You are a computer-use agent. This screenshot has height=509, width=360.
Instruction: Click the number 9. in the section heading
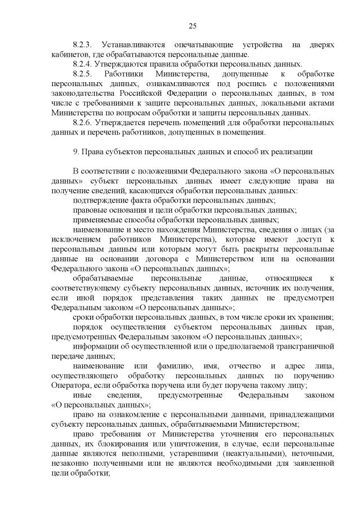(76, 151)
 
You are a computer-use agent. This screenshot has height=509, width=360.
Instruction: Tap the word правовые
(89, 210)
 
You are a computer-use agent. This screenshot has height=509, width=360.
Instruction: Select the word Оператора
(69, 385)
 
